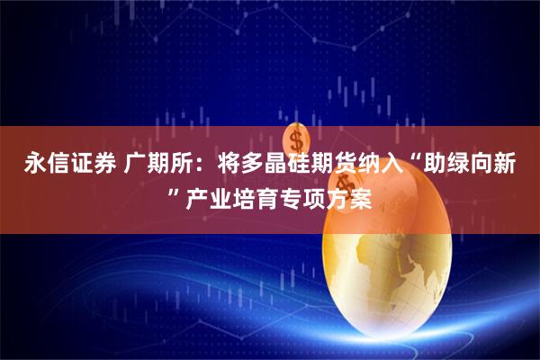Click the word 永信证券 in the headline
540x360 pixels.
coord(62,166)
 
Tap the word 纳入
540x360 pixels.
coord(388,166)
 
